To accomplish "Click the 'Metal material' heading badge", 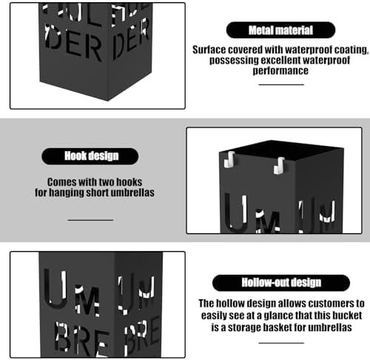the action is coord(280,30).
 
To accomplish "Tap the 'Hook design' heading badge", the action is coord(90,156).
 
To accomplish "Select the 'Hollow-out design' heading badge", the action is coord(281,283).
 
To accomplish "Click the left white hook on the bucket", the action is coord(229,159).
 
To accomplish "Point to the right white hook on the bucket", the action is coord(279,165).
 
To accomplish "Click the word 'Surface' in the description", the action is coord(209,50).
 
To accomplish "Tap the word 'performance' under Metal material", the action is coord(280,70).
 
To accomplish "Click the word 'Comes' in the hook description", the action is coord(62,182).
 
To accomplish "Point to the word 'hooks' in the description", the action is coord(129,182).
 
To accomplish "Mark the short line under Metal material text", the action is coord(281,84).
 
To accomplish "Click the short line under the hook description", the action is coord(90,220).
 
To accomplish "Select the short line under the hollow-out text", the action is coord(281,343).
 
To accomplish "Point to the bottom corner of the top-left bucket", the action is coord(107,100).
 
